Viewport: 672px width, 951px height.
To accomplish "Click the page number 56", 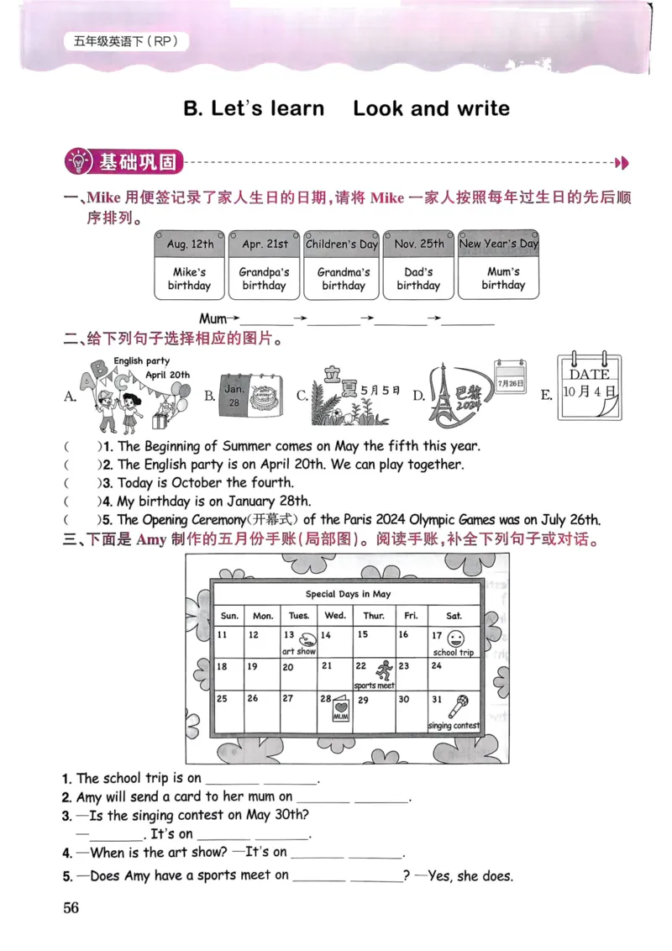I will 71,907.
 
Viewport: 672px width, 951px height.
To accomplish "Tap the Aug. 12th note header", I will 190,244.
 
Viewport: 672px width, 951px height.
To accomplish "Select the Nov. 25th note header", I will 418,244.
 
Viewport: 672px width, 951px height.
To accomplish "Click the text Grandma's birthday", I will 343,279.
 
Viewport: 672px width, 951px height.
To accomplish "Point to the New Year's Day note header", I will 498,244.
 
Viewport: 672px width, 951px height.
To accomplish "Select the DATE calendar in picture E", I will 591,386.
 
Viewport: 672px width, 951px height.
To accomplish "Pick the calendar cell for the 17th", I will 454,644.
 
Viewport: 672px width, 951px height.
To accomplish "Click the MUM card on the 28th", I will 340,711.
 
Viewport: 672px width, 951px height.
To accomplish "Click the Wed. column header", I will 335,616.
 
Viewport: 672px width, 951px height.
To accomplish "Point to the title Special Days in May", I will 348,594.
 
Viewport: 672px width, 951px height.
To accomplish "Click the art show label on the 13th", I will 298,652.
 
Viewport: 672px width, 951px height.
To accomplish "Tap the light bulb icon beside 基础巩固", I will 77,161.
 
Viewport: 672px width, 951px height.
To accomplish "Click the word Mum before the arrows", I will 213,319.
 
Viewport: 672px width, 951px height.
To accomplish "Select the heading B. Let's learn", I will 254,108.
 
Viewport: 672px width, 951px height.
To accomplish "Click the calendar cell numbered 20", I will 297,675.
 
